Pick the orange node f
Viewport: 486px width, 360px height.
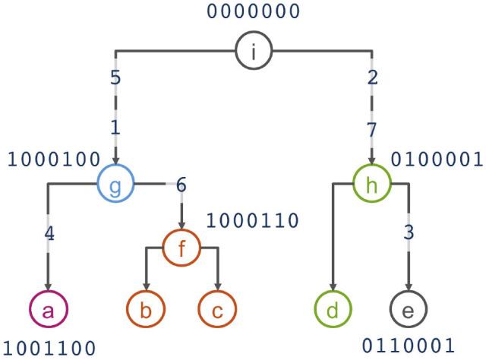[x=181, y=247]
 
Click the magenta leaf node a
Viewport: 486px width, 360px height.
[x=49, y=309]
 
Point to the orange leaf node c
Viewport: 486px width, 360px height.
[x=217, y=309]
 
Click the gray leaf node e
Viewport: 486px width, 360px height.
[x=409, y=309]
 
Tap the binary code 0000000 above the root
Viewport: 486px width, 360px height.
[x=254, y=11]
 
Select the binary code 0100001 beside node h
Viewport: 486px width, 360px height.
[x=436, y=159]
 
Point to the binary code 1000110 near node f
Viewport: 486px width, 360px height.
[x=253, y=220]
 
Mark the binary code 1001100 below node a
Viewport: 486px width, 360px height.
[x=49, y=348]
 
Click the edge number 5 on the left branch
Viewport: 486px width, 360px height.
[x=115, y=77]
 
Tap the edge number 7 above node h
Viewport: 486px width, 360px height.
[x=371, y=129]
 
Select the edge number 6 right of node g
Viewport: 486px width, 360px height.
[x=181, y=185]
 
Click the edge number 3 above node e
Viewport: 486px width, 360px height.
[x=409, y=232]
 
